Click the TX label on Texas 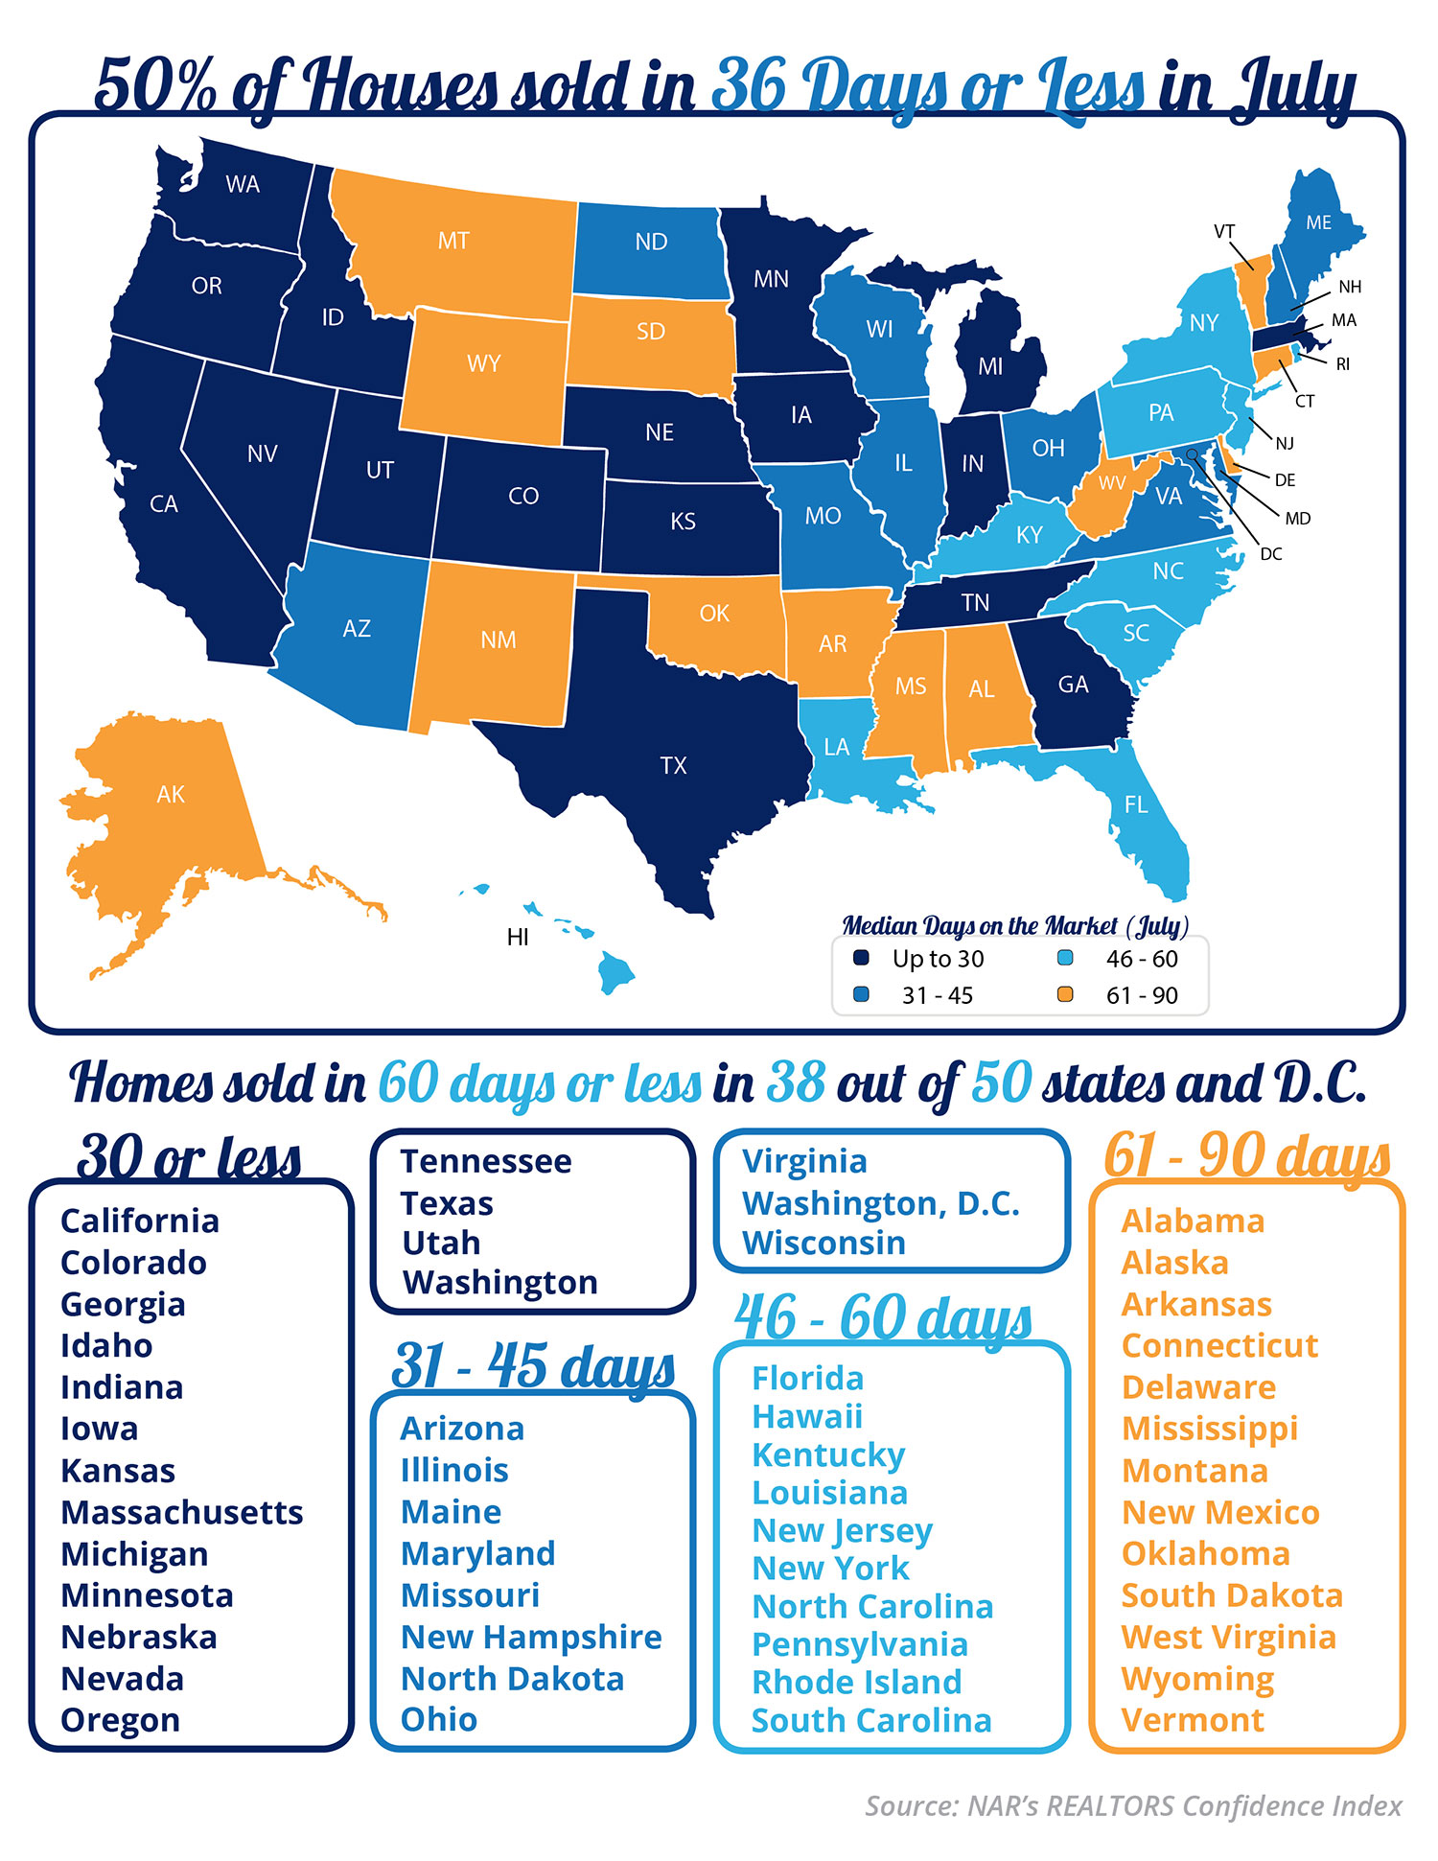pyautogui.click(x=673, y=765)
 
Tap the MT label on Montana pyautogui.click(x=453, y=241)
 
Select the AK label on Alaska pyautogui.click(x=171, y=794)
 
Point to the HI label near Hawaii pyautogui.click(x=518, y=937)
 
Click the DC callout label pyautogui.click(x=1271, y=554)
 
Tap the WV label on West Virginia pyautogui.click(x=1112, y=483)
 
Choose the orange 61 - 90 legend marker pyautogui.click(x=1064, y=994)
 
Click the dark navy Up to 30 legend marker pyautogui.click(x=861, y=958)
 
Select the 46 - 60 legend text pyautogui.click(x=1141, y=959)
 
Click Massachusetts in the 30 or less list pyautogui.click(x=181, y=1512)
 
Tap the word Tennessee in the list pyautogui.click(x=486, y=1161)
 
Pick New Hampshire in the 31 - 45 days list pyautogui.click(x=531, y=1637)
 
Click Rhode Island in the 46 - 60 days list pyautogui.click(x=856, y=1682)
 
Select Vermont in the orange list pyautogui.click(x=1193, y=1720)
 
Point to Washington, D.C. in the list pyautogui.click(x=880, y=1202)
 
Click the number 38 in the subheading pyautogui.click(x=796, y=1082)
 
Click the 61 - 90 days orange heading pyautogui.click(x=1246, y=1155)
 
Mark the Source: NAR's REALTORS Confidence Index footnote pyautogui.click(x=1132, y=1806)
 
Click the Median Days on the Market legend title pyautogui.click(x=1014, y=926)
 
